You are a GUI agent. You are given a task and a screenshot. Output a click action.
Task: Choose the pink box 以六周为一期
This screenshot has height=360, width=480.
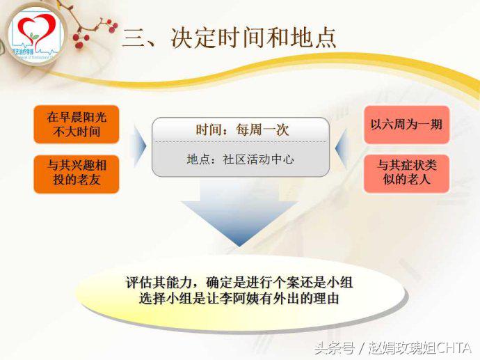406,125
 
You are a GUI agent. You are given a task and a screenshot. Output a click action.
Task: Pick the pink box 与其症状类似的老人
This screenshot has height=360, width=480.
406,173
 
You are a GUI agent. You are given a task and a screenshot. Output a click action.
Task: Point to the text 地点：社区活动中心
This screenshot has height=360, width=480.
240,159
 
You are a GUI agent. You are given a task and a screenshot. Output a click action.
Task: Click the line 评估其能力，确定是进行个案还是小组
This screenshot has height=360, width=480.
241,283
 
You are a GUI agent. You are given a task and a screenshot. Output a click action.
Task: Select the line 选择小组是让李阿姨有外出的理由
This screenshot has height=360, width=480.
241,299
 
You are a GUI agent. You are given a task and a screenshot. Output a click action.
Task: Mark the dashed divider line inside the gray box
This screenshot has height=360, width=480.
240,143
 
